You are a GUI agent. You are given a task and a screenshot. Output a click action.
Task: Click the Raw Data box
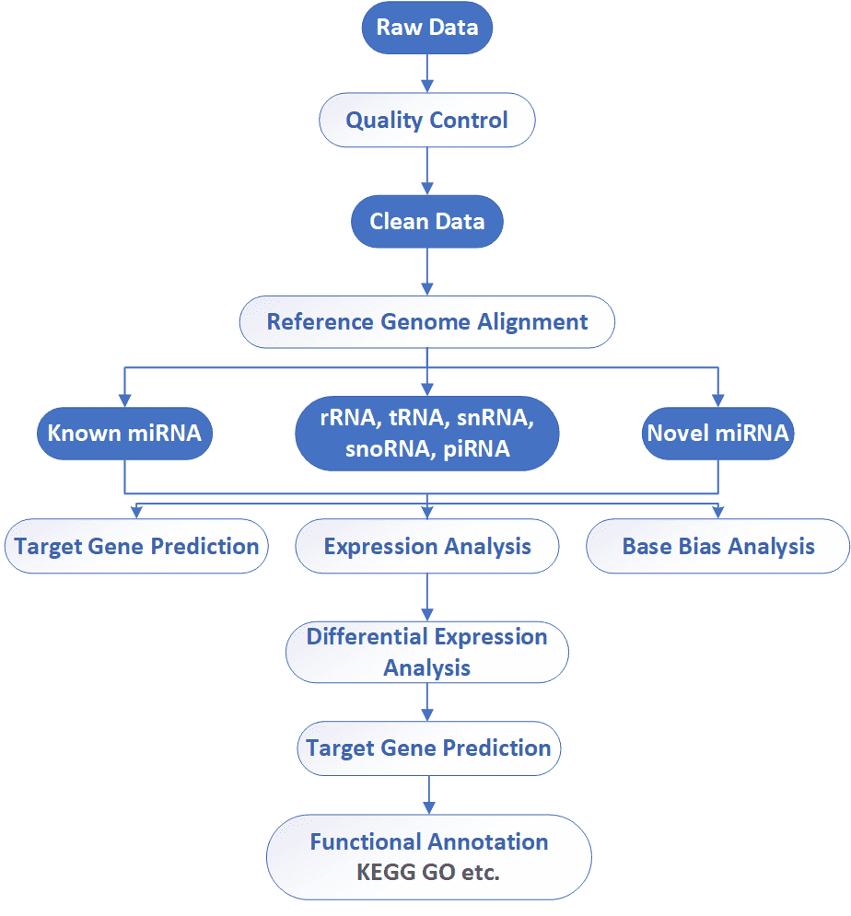tap(427, 28)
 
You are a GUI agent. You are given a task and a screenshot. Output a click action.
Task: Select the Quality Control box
tap(427, 120)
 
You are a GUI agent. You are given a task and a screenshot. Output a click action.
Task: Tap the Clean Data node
tap(427, 222)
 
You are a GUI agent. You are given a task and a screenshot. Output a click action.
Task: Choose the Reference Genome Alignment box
tap(427, 322)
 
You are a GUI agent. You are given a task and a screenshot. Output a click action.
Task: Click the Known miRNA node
tap(124, 434)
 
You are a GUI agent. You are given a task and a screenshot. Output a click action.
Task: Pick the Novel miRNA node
tap(718, 434)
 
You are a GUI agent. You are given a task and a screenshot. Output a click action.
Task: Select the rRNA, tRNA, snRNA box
tap(427, 434)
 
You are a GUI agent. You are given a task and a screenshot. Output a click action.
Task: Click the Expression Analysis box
tap(427, 546)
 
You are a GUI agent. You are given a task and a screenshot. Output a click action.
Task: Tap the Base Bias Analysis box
tap(718, 546)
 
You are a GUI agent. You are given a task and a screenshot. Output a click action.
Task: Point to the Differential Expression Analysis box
tap(427, 652)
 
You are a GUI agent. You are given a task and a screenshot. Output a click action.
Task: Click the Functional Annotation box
tap(429, 857)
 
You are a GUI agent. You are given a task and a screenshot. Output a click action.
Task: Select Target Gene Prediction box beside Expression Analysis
tap(136, 546)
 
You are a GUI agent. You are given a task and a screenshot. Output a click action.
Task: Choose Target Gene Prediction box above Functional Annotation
tap(429, 748)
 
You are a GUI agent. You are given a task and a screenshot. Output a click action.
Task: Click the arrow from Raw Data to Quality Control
tap(427, 73)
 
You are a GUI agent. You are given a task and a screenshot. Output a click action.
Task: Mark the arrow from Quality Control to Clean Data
tap(427, 170)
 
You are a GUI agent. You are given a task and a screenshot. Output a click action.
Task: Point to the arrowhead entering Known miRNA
tap(124, 400)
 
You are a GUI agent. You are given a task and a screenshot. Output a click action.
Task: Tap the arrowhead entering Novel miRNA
tap(718, 400)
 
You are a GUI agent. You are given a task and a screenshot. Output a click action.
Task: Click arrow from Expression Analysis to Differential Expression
tap(427, 597)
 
